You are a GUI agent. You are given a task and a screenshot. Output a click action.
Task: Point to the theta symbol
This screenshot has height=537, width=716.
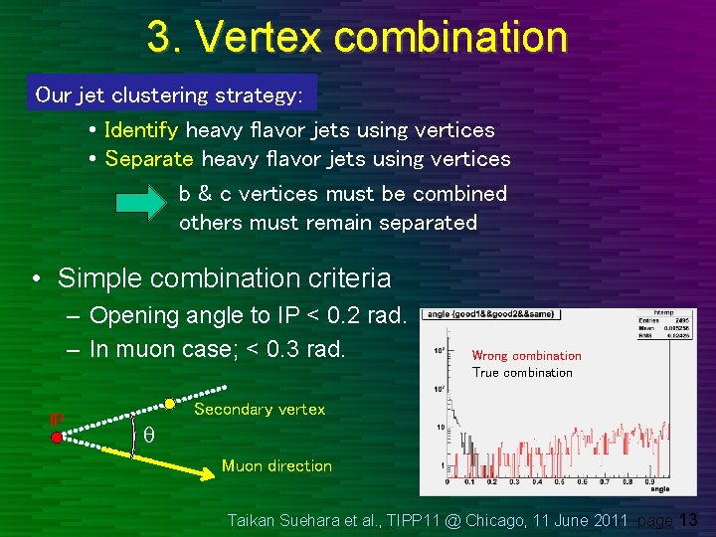[148, 435]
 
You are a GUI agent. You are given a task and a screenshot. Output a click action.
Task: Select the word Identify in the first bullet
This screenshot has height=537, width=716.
[141, 130]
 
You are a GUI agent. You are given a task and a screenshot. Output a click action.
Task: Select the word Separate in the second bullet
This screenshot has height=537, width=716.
[149, 159]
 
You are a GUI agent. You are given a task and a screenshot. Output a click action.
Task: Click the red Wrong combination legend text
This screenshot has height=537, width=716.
[526, 356]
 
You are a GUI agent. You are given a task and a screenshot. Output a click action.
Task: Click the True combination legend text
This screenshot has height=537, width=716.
[522, 373]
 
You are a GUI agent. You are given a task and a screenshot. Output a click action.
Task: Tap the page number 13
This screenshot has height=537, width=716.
[690, 519]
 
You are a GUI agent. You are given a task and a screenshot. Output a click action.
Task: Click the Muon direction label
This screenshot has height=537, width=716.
[276, 465]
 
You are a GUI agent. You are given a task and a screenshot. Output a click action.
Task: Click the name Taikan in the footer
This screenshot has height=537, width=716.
[255, 519]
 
